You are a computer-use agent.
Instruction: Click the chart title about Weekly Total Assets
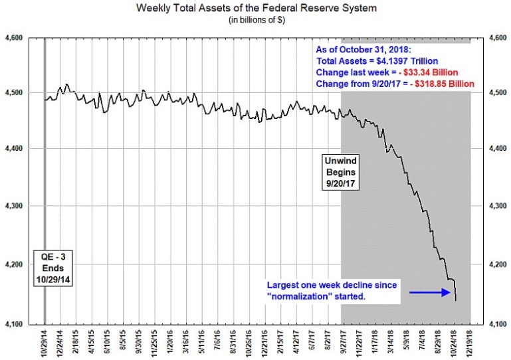tap(255, 9)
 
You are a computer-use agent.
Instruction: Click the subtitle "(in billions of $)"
tap(255, 21)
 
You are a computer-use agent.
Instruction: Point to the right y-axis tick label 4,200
tap(497, 264)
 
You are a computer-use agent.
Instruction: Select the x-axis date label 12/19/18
tap(470, 341)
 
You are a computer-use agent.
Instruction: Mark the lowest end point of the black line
tap(456, 301)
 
